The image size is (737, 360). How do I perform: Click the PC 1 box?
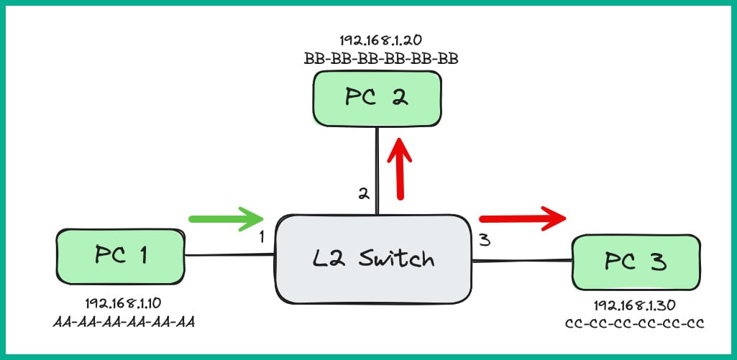coord(120,257)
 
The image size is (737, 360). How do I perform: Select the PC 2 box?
coord(377,98)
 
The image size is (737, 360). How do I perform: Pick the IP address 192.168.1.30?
coord(634,305)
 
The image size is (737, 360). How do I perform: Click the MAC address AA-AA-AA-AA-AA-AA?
coord(124,320)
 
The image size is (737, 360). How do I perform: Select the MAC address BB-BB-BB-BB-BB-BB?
coord(381,58)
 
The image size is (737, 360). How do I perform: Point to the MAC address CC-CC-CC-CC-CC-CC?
coord(634,323)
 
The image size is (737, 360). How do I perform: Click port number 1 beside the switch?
coord(262,236)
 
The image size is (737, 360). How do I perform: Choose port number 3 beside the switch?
coord(485,240)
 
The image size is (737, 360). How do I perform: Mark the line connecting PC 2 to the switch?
coord(376,169)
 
